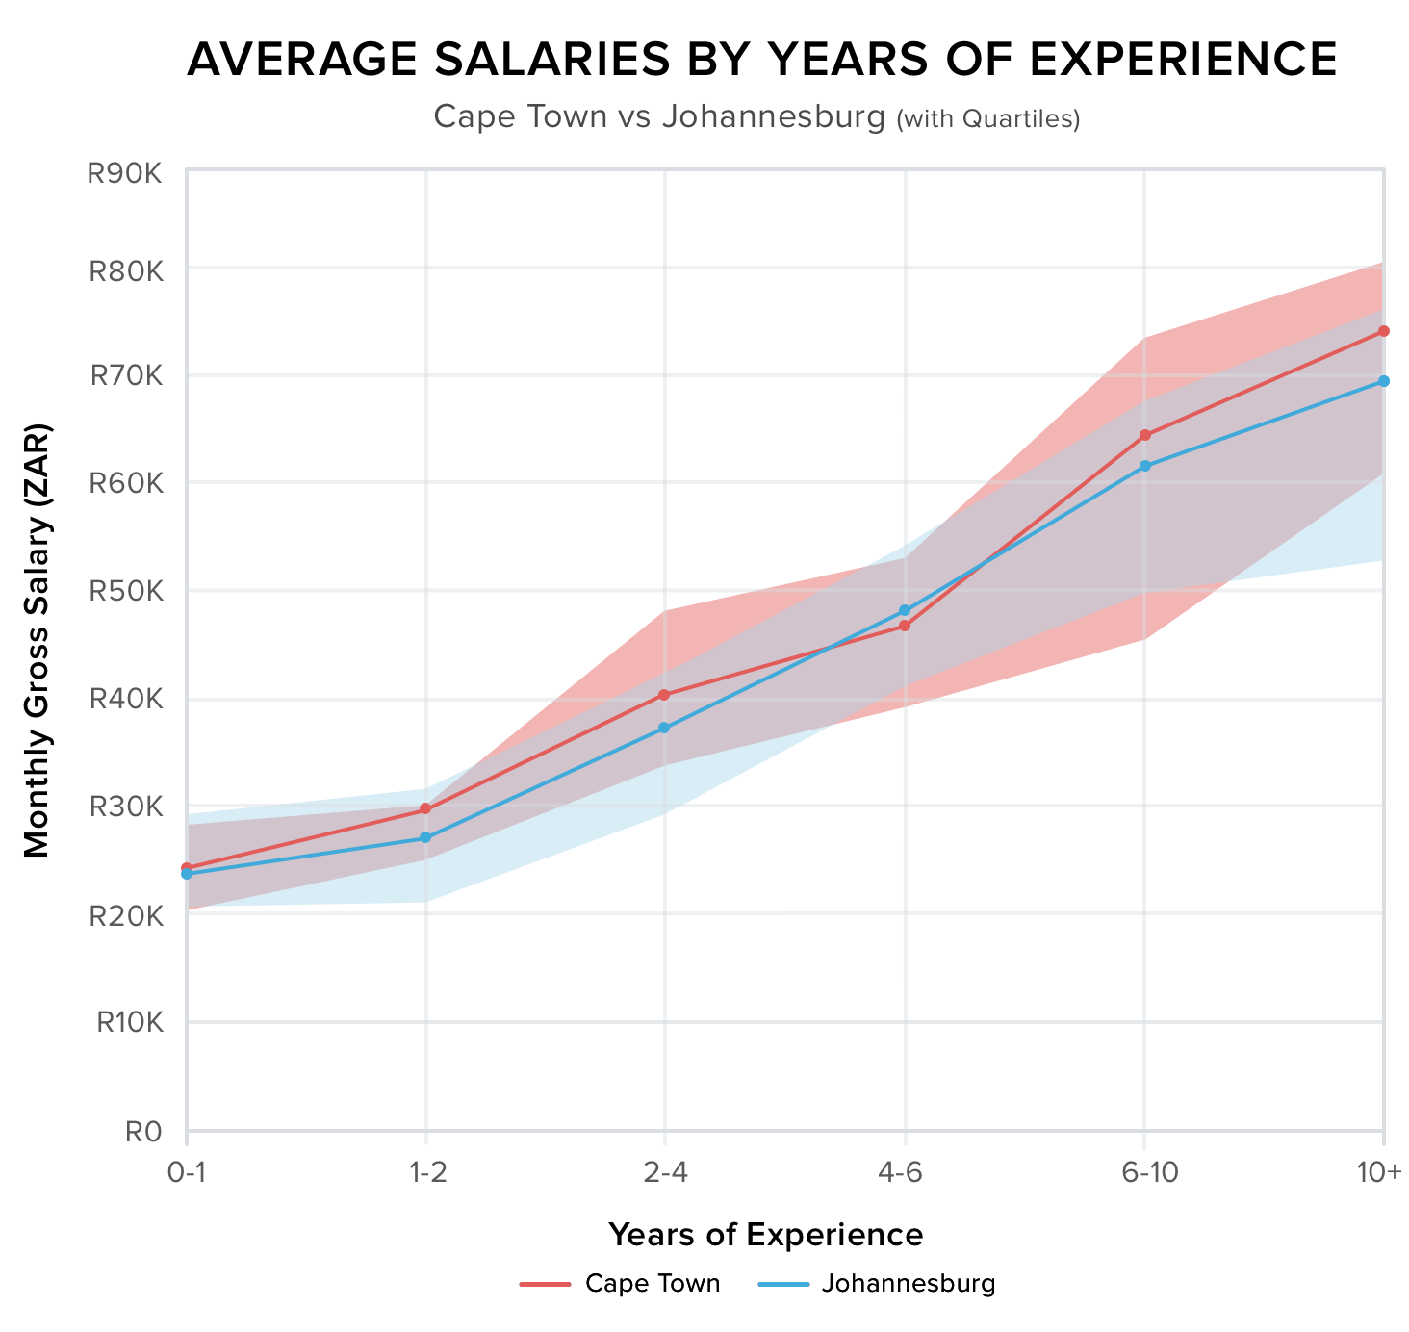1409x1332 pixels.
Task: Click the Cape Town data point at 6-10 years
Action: point(1144,435)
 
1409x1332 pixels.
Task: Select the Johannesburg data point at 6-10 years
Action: point(1144,466)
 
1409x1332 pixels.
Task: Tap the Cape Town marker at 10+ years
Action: point(1383,331)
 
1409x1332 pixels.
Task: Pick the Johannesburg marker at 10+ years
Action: point(1383,381)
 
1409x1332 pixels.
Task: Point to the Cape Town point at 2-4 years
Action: point(665,695)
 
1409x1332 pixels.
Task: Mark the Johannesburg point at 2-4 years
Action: point(665,728)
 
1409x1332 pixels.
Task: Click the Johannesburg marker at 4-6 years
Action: point(905,610)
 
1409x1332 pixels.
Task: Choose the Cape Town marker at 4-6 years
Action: point(905,626)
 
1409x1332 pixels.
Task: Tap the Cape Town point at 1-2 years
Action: point(425,809)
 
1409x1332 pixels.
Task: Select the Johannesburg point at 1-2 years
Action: point(425,838)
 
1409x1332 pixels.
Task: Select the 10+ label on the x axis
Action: point(1381,1172)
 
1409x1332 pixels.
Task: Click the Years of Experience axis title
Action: point(766,1235)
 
